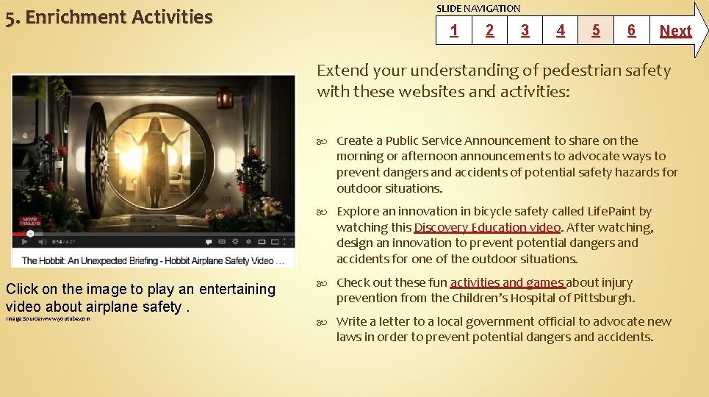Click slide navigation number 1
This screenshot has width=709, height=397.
tap(453, 30)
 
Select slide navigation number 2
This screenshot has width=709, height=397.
tap(489, 30)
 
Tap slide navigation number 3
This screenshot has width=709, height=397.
tap(525, 30)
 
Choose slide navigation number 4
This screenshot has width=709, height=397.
tap(561, 30)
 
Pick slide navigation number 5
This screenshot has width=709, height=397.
tap(596, 30)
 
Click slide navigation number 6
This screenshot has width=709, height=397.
tap(631, 30)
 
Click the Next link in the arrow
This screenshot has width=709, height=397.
tap(675, 31)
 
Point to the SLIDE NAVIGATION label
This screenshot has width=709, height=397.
tap(478, 8)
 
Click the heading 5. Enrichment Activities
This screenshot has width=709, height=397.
tap(109, 17)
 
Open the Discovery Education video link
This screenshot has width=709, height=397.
tap(487, 227)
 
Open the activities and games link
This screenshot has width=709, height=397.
tap(508, 282)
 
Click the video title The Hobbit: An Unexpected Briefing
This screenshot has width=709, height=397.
tap(147, 260)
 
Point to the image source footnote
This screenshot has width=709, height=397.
tap(48, 318)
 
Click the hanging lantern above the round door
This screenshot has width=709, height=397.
tap(225, 96)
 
